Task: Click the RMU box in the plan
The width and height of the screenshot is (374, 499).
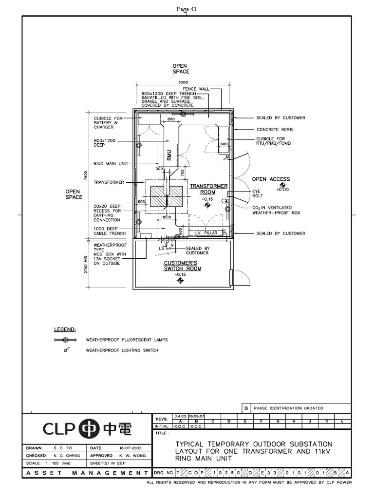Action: tap(169, 155)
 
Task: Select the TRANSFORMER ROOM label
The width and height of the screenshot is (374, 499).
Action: tap(208, 189)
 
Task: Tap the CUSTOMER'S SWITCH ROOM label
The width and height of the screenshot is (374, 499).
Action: tap(182, 266)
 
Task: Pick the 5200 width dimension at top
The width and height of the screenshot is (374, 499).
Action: tap(183, 82)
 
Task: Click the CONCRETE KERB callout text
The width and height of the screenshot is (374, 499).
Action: tap(274, 130)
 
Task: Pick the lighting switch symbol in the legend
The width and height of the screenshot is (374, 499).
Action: tap(65, 350)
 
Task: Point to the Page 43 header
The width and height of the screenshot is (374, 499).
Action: tap(187, 9)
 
